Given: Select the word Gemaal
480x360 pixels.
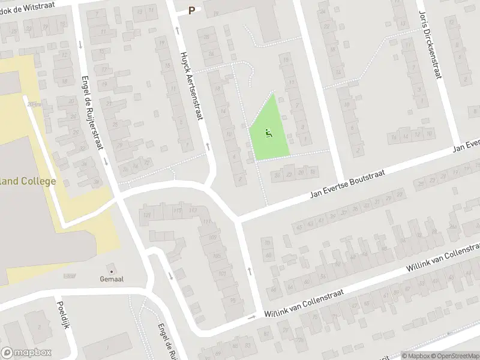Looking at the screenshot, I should pyautogui.click(x=112, y=279).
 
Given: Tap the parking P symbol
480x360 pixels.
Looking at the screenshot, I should pyautogui.click(x=192, y=10).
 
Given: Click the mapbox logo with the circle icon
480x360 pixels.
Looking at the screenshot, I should pyautogui.click(x=26, y=353).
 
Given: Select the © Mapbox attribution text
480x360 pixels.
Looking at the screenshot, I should pyautogui.click(x=416, y=355).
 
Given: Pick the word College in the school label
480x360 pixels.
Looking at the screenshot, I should pyautogui.click(x=37, y=181).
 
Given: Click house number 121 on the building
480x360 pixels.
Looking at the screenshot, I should pyautogui.click(x=144, y=214).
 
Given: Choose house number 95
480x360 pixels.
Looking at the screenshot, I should pyautogui.click(x=233, y=300).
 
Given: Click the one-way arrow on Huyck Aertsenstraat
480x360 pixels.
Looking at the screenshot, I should pyautogui.click(x=208, y=146).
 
